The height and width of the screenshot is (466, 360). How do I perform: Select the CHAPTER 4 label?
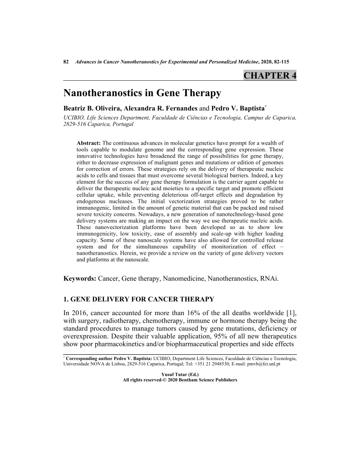(270, 75)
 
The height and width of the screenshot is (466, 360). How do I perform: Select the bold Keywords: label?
(79, 279)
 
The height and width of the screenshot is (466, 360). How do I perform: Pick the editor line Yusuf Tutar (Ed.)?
(180, 374)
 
